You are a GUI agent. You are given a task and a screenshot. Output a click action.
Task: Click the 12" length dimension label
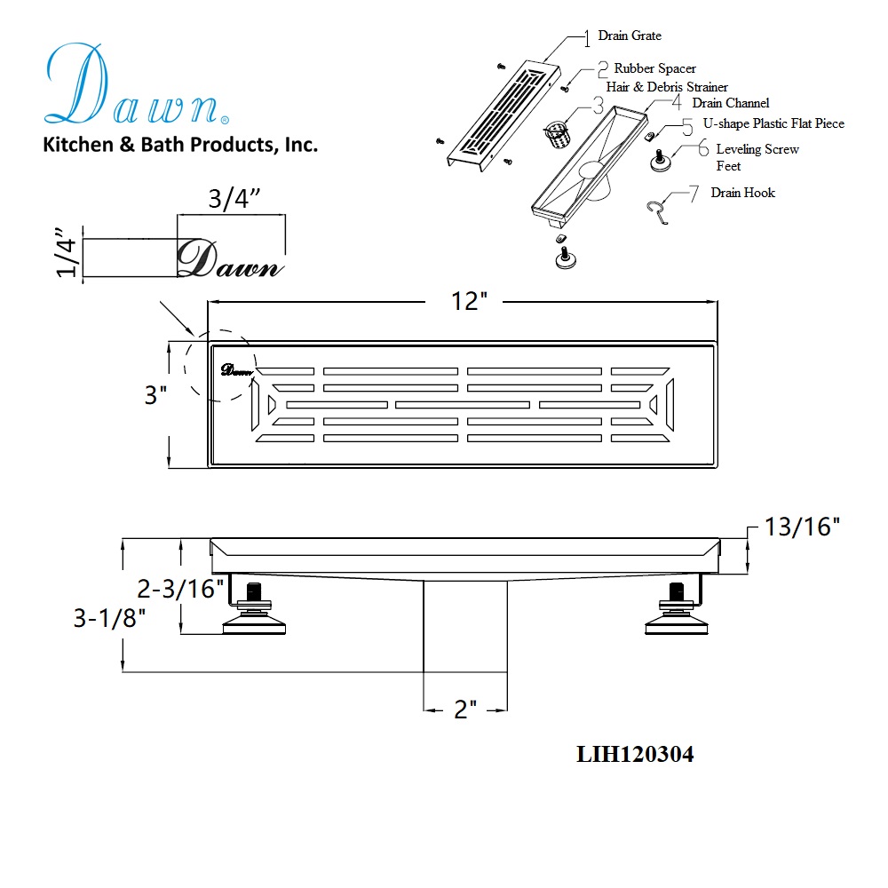pos(468,301)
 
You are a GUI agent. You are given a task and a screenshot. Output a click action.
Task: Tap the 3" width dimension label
pos(155,395)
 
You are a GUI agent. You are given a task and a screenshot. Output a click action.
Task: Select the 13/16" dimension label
pos(802,527)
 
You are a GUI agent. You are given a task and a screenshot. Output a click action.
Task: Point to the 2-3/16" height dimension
pos(180,589)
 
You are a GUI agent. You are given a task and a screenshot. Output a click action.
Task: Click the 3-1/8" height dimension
pos(109,618)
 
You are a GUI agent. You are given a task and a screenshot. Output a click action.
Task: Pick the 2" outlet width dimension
pos(465,709)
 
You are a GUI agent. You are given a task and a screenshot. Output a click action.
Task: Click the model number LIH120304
pos(635,754)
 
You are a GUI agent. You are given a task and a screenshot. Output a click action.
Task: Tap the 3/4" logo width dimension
pos(234,198)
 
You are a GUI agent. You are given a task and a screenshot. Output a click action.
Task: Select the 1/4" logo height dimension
pos(67,252)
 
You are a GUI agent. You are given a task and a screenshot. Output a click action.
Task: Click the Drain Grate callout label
pos(630,36)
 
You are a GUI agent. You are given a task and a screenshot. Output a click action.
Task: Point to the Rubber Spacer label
pos(655,68)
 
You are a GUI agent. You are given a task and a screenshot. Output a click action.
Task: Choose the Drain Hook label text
pos(743,193)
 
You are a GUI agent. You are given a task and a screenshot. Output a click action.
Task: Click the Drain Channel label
pos(731,103)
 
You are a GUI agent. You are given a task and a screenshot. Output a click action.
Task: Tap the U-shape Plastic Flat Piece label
pos(773,123)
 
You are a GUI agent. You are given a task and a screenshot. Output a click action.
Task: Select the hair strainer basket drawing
pos(558,134)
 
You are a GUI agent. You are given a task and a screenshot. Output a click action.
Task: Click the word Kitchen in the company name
pos(78,145)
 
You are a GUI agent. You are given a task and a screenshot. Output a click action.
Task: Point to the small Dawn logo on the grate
pos(236,370)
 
